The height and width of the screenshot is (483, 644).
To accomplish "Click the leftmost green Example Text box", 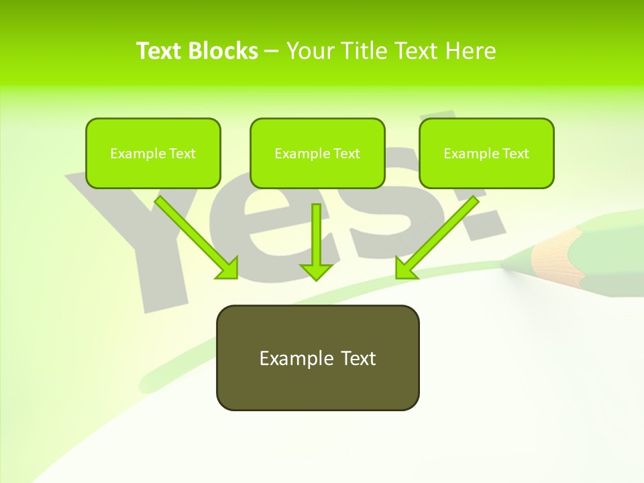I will [x=153, y=154].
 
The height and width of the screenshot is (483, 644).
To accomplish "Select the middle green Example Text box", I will [x=317, y=154].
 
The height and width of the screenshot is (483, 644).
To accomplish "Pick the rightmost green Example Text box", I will [x=486, y=154].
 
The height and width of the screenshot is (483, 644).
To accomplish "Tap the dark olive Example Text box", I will [x=317, y=358].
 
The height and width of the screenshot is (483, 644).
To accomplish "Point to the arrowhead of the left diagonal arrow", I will [x=228, y=268].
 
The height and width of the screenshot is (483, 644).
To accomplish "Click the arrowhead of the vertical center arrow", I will [x=316, y=272].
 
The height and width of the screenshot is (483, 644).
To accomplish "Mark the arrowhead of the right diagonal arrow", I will [x=405, y=268].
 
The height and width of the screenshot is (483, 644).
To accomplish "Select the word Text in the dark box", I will [x=358, y=358].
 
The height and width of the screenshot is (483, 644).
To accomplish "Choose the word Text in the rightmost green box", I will [x=515, y=154].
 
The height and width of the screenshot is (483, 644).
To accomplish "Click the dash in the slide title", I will [x=272, y=51].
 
